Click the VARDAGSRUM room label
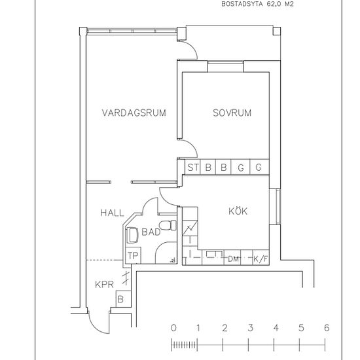(x=134, y=113)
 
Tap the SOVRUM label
(x=232, y=113)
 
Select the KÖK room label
(x=238, y=211)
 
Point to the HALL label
(x=113, y=213)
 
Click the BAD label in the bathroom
(x=151, y=232)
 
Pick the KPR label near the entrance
(x=105, y=285)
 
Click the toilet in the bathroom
(x=168, y=225)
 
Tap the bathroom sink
(x=132, y=235)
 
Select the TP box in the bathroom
(x=133, y=255)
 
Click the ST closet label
(x=192, y=168)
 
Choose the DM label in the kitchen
(x=233, y=259)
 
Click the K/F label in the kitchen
(x=261, y=259)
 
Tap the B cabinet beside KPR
(x=123, y=298)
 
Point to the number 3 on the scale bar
(x=251, y=328)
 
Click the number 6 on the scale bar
(x=327, y=328)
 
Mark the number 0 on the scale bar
(x=174, y=328)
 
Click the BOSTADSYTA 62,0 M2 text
(x=257, y=4)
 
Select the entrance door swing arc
(x=94, y=327)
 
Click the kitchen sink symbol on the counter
(x=215, y=255)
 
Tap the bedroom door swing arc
(x=192, y=145)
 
